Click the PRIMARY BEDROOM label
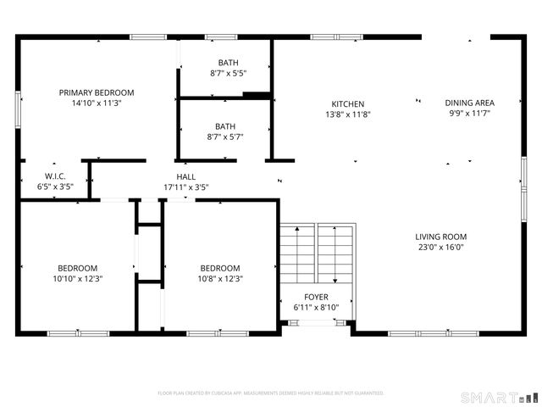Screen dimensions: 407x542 point(96,92)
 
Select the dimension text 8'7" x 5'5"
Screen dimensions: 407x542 point(228,74)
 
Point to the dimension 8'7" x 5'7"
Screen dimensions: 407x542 point(225,137)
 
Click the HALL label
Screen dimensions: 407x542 point(185,176)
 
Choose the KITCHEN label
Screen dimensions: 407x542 point(347,103)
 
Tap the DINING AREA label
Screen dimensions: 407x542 point(469,103)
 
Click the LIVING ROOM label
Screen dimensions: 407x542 point(440,237)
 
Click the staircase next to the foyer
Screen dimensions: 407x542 point(315,254)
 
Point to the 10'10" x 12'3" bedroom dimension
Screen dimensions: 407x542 point(77,278)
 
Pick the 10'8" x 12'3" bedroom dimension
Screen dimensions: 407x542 point(219,278)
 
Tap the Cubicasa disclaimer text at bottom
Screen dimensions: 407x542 point(271,393)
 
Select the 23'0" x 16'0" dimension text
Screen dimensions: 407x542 point(440,248)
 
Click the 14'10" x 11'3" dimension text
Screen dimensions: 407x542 point(96,103)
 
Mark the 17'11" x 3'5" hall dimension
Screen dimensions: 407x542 point(185,187)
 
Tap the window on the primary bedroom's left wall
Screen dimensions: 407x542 point(18,109)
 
